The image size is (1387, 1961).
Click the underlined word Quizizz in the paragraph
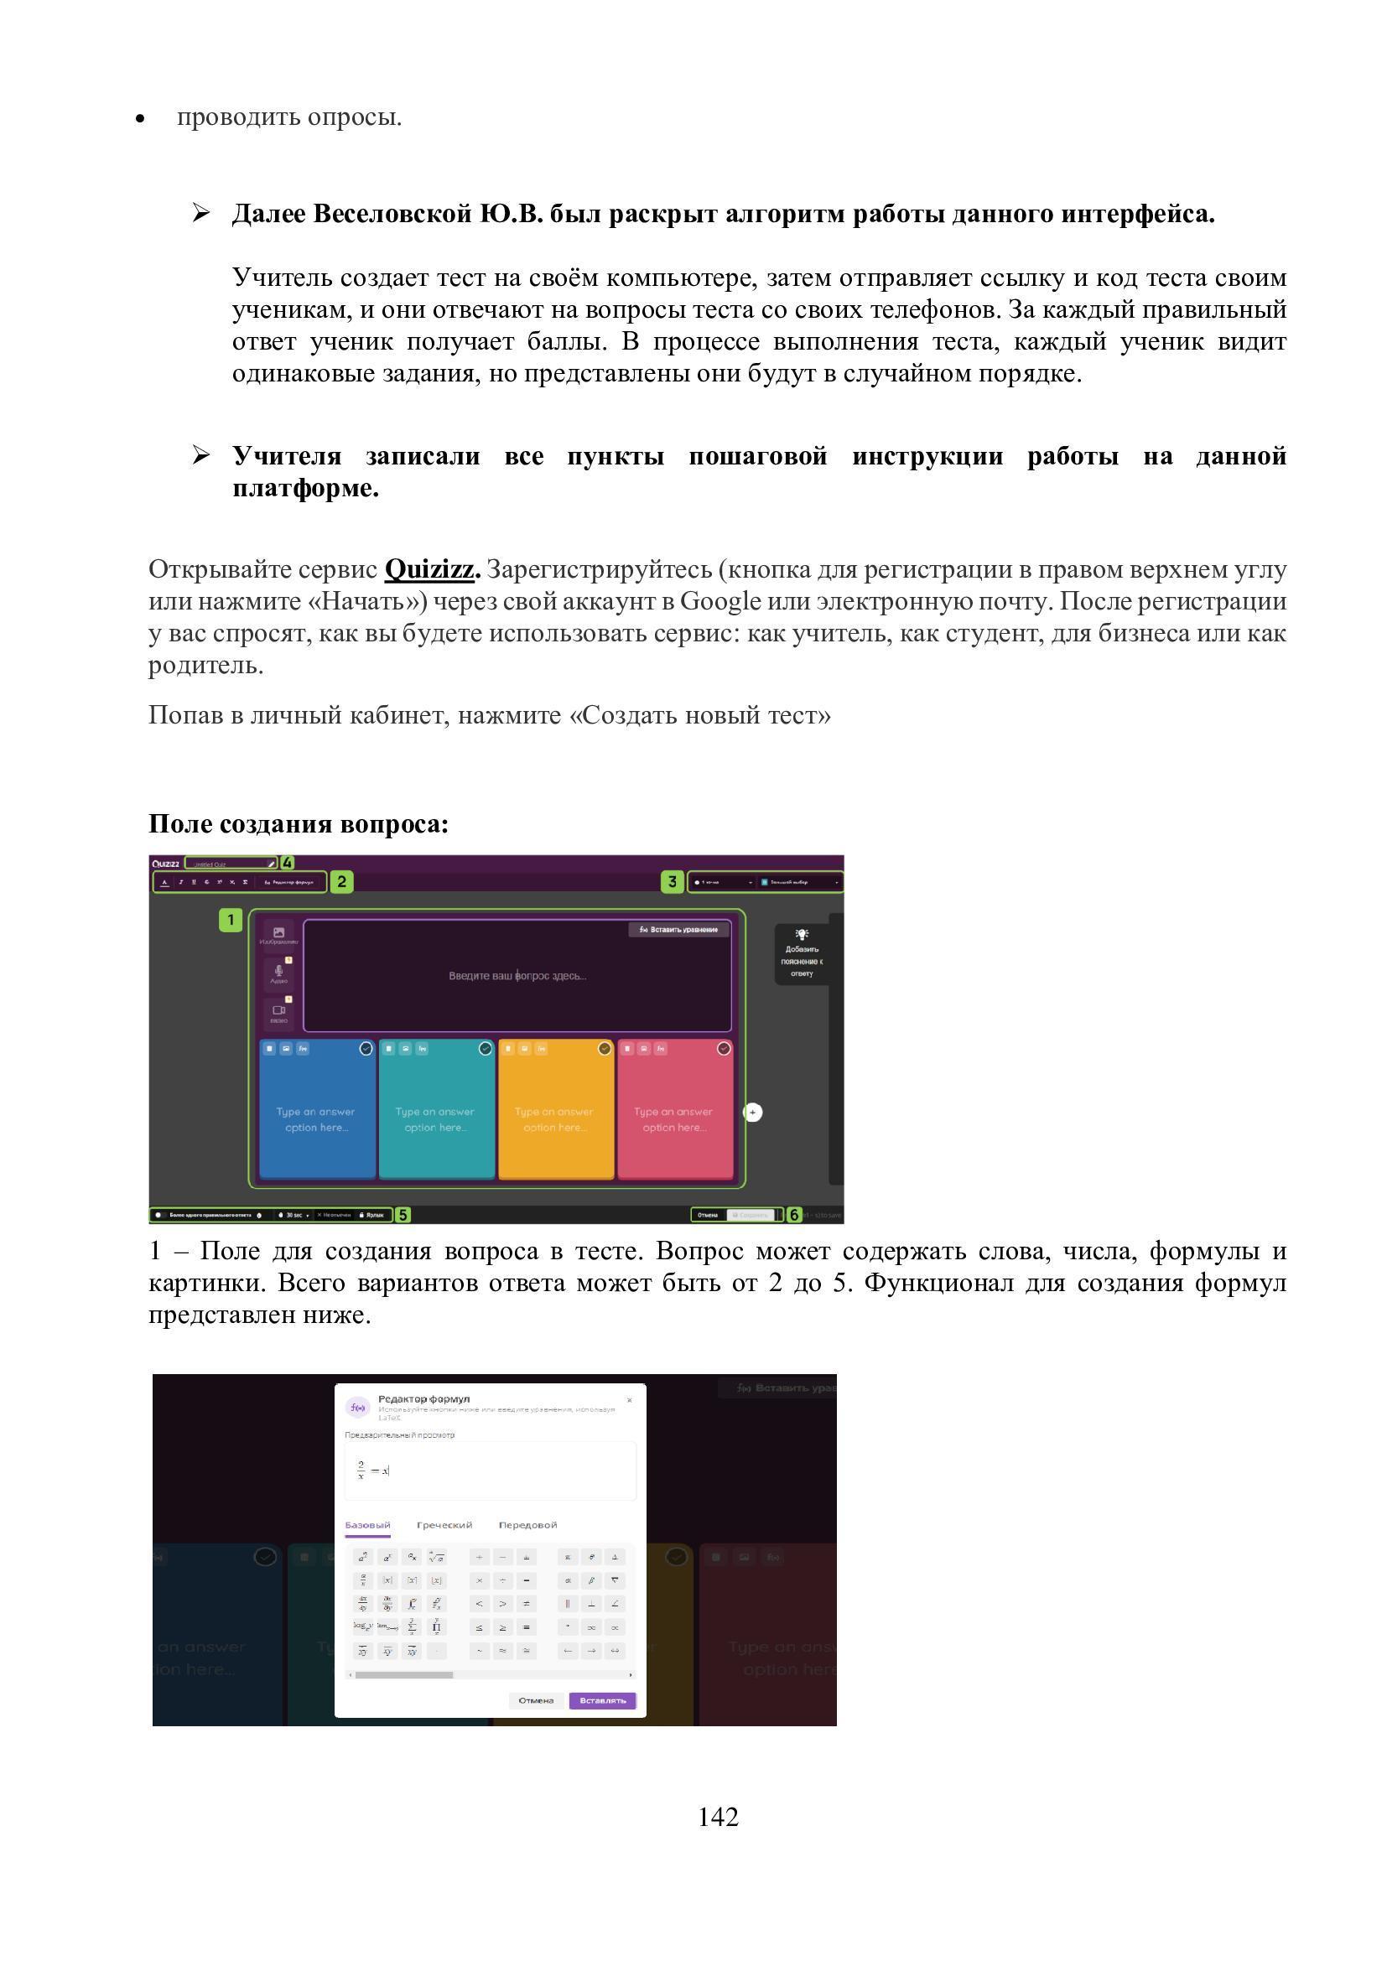(x=429, y=568)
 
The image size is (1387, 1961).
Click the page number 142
(x=718, y=1817)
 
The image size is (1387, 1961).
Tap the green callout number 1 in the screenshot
(x=231, y=920)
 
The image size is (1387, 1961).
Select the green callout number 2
(x=341, y=881)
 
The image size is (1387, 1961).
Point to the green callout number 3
(x=673, y=881)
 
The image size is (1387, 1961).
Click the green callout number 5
(x=403, y=1215)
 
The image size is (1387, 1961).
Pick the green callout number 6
(x=794, y=1215)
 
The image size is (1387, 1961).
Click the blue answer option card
(x=316, y=1110)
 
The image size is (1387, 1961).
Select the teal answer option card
(x=435, y=1110)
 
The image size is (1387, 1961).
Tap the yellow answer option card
(x=555, y=1110)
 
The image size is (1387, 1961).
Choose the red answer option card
(x=675, y=1110)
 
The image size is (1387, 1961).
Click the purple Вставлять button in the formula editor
(x=602, y=1700)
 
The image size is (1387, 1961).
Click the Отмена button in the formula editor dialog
(x=537, y=1700)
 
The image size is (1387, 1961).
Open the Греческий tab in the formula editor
(x=444, y=1524)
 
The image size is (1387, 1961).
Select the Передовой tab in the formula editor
(x=527, y=1524)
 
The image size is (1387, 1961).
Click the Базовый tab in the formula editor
(x=367, y=1524)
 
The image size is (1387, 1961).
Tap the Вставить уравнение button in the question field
(x=679, y=929)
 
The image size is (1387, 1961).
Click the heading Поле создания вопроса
(x=298, y=823)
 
